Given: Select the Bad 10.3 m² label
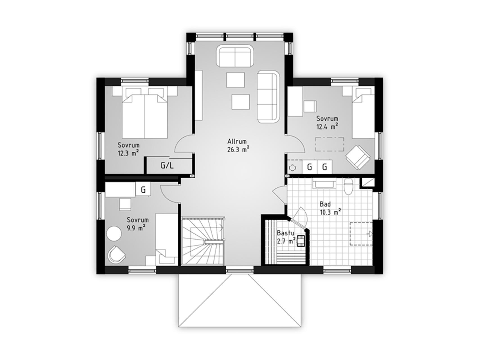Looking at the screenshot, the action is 330,208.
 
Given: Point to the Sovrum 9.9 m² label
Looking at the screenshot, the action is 137,224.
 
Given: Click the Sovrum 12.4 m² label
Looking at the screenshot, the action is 327,122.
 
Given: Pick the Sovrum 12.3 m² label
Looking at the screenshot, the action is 129,149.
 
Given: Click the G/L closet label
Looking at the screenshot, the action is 167,166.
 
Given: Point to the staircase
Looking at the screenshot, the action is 203,241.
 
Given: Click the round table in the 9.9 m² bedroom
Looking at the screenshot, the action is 114,233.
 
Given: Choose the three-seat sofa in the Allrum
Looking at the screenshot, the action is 268,97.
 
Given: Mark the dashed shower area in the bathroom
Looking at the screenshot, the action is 361,234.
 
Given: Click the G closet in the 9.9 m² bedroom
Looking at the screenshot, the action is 143,189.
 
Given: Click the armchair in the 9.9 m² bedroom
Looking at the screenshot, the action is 116,255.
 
